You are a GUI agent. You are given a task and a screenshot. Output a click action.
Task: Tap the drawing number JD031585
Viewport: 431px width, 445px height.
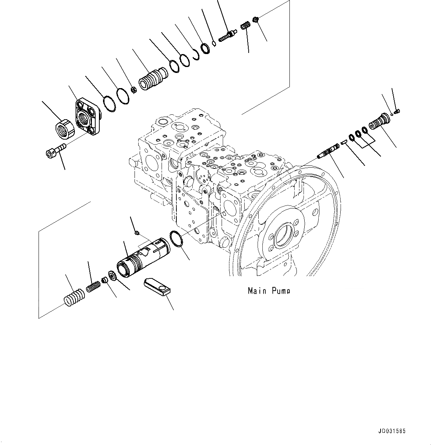[392, 431]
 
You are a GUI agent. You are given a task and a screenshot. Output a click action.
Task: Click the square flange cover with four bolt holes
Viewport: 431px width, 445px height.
[88, 116]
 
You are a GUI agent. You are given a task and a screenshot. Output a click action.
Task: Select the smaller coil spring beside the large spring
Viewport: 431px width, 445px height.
[94, 286]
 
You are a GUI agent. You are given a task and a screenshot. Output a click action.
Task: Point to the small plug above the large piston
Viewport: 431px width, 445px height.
[136, 232]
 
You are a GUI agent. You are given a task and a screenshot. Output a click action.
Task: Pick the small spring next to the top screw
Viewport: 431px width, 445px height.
[244, 26]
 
